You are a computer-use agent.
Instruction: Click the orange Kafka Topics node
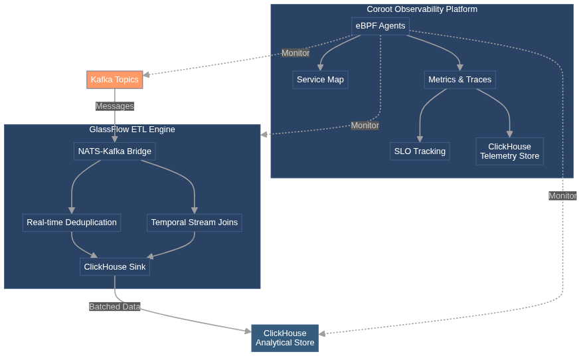(x=115, y=80)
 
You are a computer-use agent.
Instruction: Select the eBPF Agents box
(x=380, y=26)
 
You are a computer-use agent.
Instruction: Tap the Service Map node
(x=320, y=80)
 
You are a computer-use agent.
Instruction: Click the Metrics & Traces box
(x=460, y=80)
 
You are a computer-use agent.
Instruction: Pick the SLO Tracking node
(x=420, y=151)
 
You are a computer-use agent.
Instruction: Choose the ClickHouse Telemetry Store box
(x=509, y=151)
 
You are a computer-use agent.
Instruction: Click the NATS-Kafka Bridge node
(x=115, y=151)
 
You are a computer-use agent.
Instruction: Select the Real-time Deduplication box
(x=72, y=223)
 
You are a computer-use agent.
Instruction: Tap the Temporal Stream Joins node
(x=194, y=223)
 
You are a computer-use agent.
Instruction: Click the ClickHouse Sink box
(x=115, y=267)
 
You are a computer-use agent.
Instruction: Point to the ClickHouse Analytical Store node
(x=285, y=339)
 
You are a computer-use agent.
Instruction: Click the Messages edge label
(x=115, y=106)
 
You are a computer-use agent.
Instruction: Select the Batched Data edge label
(x=115, y=307)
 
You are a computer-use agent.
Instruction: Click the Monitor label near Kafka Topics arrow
(x=295, y=53)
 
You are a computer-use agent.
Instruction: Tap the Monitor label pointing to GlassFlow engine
(x=365, y=126)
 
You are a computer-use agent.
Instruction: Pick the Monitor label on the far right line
(x=562, y=196)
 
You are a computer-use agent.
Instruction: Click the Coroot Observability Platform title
(x=422, y=9)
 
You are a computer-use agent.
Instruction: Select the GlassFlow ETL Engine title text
(x=132, y=130)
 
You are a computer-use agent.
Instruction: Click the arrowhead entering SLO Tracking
(x=420, y=139)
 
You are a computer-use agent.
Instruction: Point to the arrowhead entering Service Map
(x=320, y=67)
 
